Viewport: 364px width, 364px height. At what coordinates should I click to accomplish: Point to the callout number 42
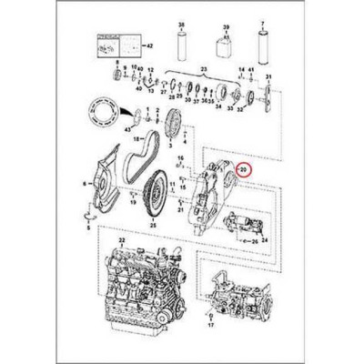150,43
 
